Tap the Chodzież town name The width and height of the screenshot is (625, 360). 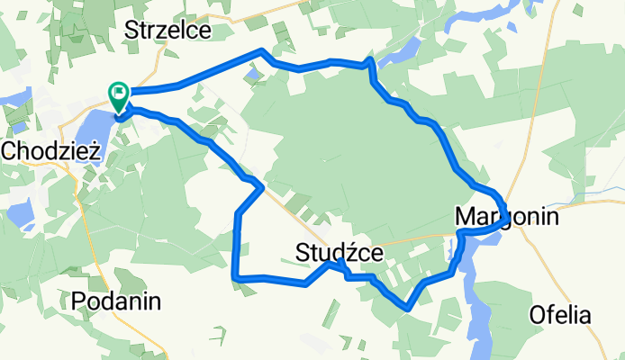(50, 151)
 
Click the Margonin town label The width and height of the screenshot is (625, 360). (507, 217)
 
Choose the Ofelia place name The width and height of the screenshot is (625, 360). (560, 316)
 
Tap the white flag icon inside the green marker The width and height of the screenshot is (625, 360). (119, 92)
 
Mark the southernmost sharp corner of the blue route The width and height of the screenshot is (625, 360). (410, 308)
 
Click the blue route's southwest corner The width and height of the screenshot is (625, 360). (235, 277)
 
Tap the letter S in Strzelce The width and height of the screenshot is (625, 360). (131, 30)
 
